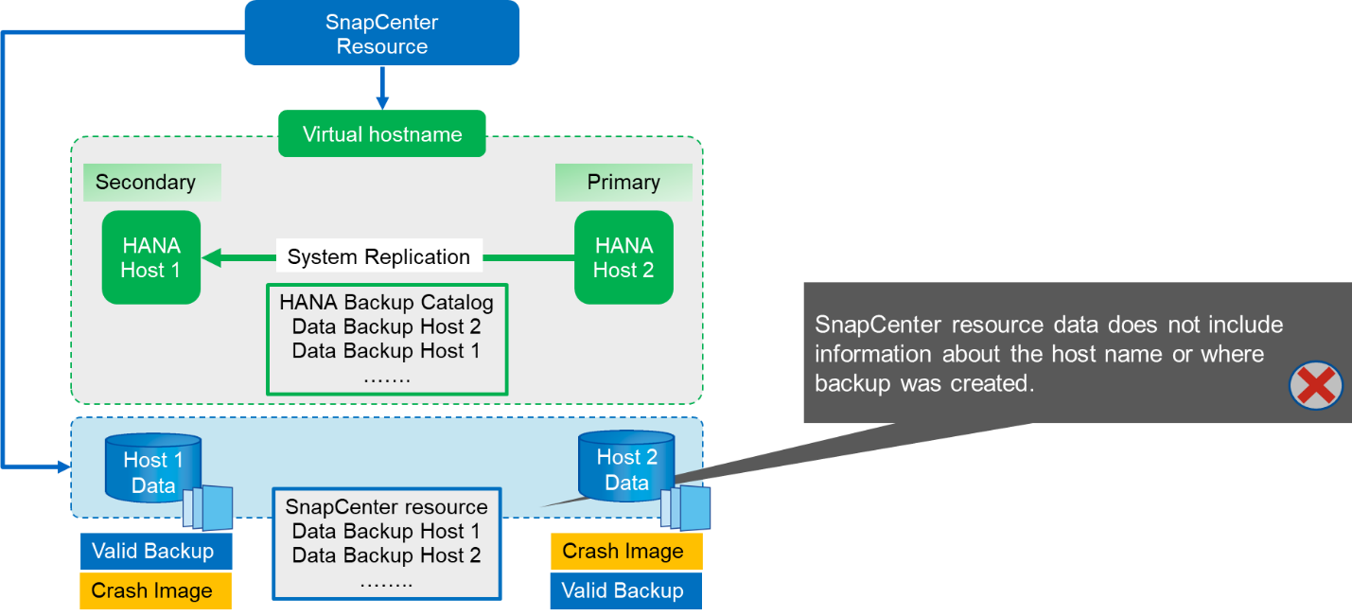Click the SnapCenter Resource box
pyautogui.click(x=381, y=33)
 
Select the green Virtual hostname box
pyautogui.click(x=381, y=134)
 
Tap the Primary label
pyautogui.click(x=623, y=183)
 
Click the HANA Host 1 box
pyautogui.click(x=151, y=257)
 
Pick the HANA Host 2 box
pyautogui.click(x=623, y=257)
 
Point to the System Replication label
pyautogui.click(x=378, y=257)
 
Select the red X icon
pyautogui.click(x=1316, y=387)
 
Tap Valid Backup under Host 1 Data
pyautogui.click(x=152, y=552)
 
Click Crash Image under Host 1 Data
pyautogui.click(x=152, y=591)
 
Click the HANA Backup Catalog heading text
pyautogui.click(x=387, y=304)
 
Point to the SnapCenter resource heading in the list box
pyautogui.click(x=387, y=507)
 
